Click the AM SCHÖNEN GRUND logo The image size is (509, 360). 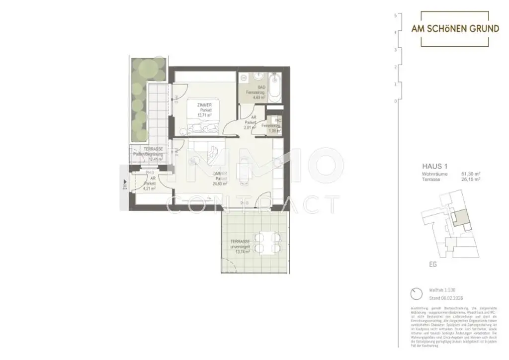point(455,29)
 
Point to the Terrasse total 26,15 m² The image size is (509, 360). point(470,180)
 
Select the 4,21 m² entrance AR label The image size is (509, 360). point(149,188)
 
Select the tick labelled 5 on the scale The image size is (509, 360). point(395,16)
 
